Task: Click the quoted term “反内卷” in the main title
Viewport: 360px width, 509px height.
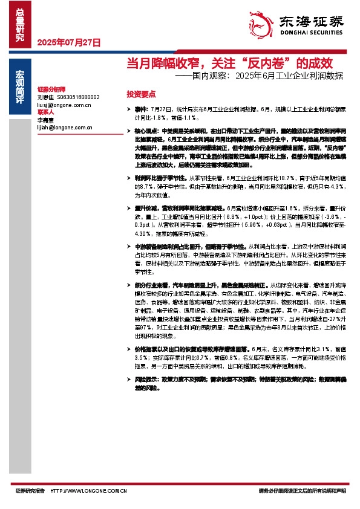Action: click(261, 63)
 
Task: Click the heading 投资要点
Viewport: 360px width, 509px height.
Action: click(141, 94)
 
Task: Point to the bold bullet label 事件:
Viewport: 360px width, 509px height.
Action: click(141, 108)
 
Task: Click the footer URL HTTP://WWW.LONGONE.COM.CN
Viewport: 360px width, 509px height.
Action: click(88, 491)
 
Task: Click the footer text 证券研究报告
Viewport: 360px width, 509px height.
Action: click(30, 491)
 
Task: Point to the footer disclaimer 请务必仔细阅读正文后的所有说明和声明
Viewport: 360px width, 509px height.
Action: click(301, 491)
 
